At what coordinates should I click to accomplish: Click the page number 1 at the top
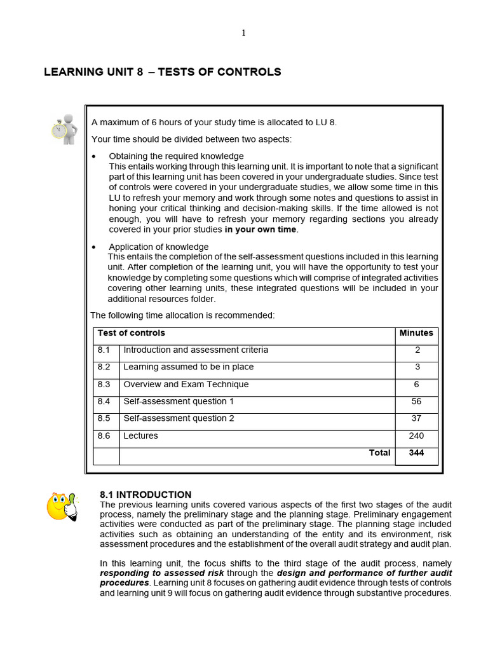[x=243, y=34]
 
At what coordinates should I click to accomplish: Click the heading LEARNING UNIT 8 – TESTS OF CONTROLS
[x=162, y=72]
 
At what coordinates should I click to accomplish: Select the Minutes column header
[x=416, y=333]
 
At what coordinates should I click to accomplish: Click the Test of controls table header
[x=131, y=333]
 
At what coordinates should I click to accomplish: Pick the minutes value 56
[x=417, y=401]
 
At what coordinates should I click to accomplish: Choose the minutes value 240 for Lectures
[x=417, y=436]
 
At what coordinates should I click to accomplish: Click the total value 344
[x=417, y=453]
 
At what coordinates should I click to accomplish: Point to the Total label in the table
[x=379, y=453]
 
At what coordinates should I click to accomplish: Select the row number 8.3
[x=104, y=385]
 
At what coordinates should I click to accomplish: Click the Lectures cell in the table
[x=140, y=436]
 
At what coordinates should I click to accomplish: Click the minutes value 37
[x=417, y=418]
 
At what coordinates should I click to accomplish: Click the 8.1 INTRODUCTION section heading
[x=146, y=495]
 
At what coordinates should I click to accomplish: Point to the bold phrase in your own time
[x=261, y=230]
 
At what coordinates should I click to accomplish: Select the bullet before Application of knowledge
[x=94, y=247]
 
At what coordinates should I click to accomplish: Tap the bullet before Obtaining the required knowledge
[x=94, y=156]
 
